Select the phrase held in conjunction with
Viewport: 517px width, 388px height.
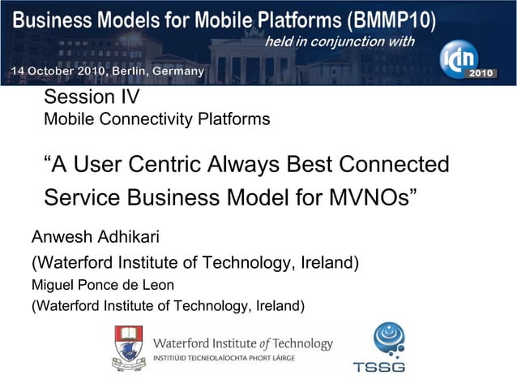tap(340, 42)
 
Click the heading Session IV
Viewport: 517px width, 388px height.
tap(92, 98)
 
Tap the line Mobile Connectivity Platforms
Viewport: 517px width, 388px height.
tap(156, 120)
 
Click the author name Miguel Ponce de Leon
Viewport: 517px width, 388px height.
tap(102, 286)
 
